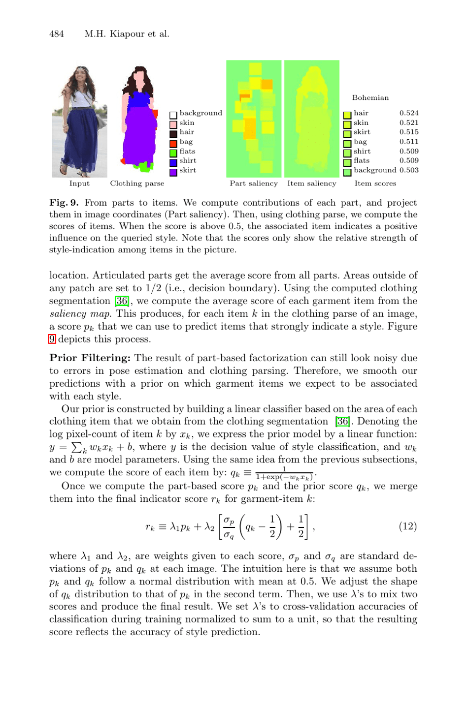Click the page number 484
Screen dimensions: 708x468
tap(57, 33)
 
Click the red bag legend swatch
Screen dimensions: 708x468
tap(173, 144)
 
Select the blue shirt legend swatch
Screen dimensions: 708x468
tap(173, 162)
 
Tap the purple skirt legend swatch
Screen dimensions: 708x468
tap(173, 172)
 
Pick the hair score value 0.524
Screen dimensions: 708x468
tap(409, 113)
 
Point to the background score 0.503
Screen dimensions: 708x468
tap(409, 170)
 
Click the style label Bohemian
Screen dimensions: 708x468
tap(370, 98)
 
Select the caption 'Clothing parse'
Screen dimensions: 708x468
tap(137, 184)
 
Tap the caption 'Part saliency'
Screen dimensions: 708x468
tap(254, 184)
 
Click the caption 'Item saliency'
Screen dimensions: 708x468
tap(311, 184)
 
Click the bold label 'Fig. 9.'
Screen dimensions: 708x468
tap(64, 203)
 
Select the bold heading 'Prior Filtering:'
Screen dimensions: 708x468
tap(90, 358)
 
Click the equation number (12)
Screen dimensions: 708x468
tap(407, 526)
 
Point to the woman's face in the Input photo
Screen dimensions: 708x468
tap(80, 77)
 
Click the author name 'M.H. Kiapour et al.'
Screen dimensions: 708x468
tap(127, 33)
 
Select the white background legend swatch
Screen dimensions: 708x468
tap(173, 115)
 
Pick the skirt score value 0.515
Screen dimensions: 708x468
tap(409, 132)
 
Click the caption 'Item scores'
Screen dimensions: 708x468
tap(375, 184)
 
